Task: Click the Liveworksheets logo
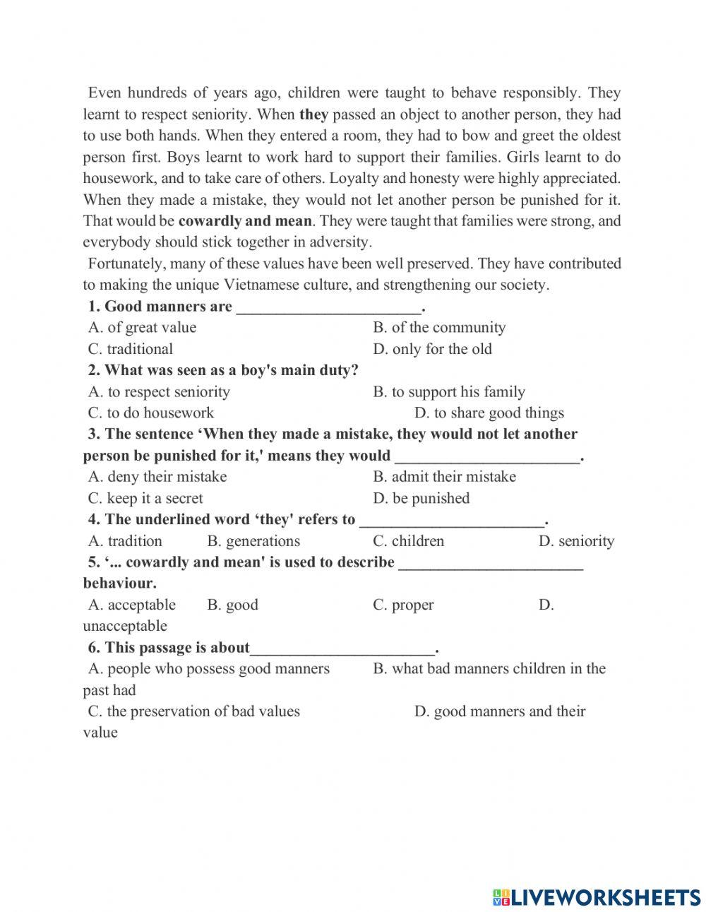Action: pyautogui.click(x=597, y=896)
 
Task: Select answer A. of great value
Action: pyautogui.click(x=142, y=328)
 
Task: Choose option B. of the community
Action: pyautogui.click(x=439, y=328)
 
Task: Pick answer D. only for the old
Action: pyautogui.click(x=432, y=349)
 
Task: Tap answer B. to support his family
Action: pyautogui.click(x=449, y=392)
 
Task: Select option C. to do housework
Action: pyautogui.click(x=150, y=413)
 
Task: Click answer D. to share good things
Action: pyautogui.click(x=489, y=413)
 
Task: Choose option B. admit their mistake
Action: pyautogui.click(x=444, y=477)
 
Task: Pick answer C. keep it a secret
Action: pyautogui.click(x=145, y=498)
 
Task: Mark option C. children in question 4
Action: pyautogui.click(x=408, y=541)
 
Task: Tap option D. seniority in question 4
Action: pyautogui.click(x=576, y=541)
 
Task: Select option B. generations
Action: pyautogui.click(x=253, y=541)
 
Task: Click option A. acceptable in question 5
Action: pyautogui.click(x=132, y=605)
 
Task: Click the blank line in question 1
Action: pyautogui.click(x=328, y=308)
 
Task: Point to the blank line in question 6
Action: pyautogui.click(x=343, y=649)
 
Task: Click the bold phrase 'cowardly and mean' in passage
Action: pyautogui.click(x=245, y=221)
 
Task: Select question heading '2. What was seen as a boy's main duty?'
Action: pyautogui.click(x=223, y=370)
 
